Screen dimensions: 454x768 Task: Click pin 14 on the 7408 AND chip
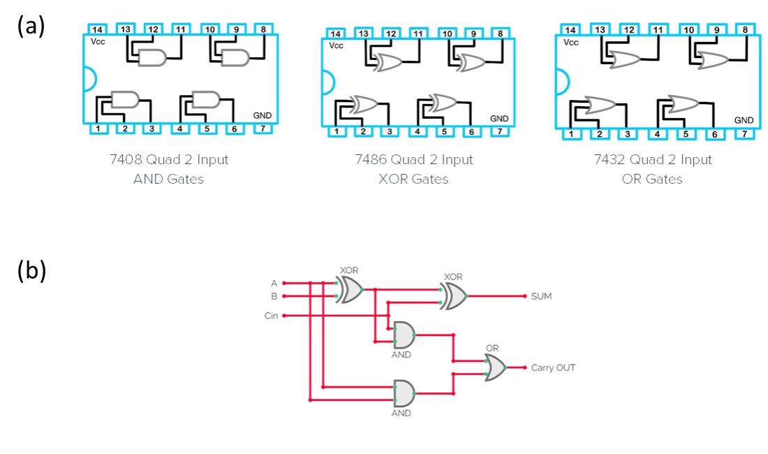[97, 29]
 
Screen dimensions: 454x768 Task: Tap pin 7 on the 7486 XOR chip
[499, 131]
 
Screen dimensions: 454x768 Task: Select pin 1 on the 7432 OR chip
[571, 134]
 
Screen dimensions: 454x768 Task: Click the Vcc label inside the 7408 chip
[98, 42]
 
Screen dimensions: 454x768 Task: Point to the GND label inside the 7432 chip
[744, 120]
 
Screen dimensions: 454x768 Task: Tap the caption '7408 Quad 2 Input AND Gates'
[181, 169]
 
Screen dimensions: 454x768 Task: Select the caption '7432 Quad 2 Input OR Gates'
[653, 169]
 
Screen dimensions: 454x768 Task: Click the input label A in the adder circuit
[274, 283]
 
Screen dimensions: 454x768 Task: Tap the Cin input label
[271, 316]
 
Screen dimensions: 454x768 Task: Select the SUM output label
[541, 296]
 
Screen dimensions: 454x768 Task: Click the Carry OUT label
[553, 367]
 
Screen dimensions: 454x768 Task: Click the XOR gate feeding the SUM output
[455, 296]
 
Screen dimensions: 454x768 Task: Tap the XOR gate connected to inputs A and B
[349, 289]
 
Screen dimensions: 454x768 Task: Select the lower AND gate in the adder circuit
[404, 393]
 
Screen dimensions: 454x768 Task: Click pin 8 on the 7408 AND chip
[263, 29]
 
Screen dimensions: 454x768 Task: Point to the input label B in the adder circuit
[274, 296]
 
